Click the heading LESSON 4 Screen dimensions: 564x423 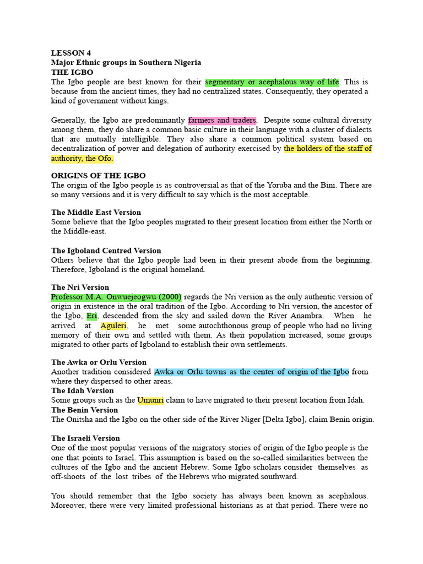tap(71, 53)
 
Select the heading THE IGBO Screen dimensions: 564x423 tap(72, 72)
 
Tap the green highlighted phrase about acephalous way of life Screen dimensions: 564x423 tap(272, 82)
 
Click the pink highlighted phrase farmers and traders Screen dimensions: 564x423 tap(222, 120)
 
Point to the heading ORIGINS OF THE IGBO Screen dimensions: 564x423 tap(98, 176)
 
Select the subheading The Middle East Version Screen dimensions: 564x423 tap(96, 212)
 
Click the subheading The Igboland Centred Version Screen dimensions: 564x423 tap(106, 251)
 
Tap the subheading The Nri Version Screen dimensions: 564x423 tap(80, 287)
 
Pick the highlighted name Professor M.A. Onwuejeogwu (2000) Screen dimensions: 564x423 tap(116, 297)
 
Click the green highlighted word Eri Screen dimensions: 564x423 tap(92, 316)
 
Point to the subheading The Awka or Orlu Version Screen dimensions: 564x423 tap(99, 362)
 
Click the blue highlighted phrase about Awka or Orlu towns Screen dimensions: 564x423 tap(251, 372)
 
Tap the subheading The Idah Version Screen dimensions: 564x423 tap(83, 391)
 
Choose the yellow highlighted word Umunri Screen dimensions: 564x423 tap(150, 400)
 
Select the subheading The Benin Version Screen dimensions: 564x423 tap(84, 410)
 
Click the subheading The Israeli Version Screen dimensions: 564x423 tap(85, 438)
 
